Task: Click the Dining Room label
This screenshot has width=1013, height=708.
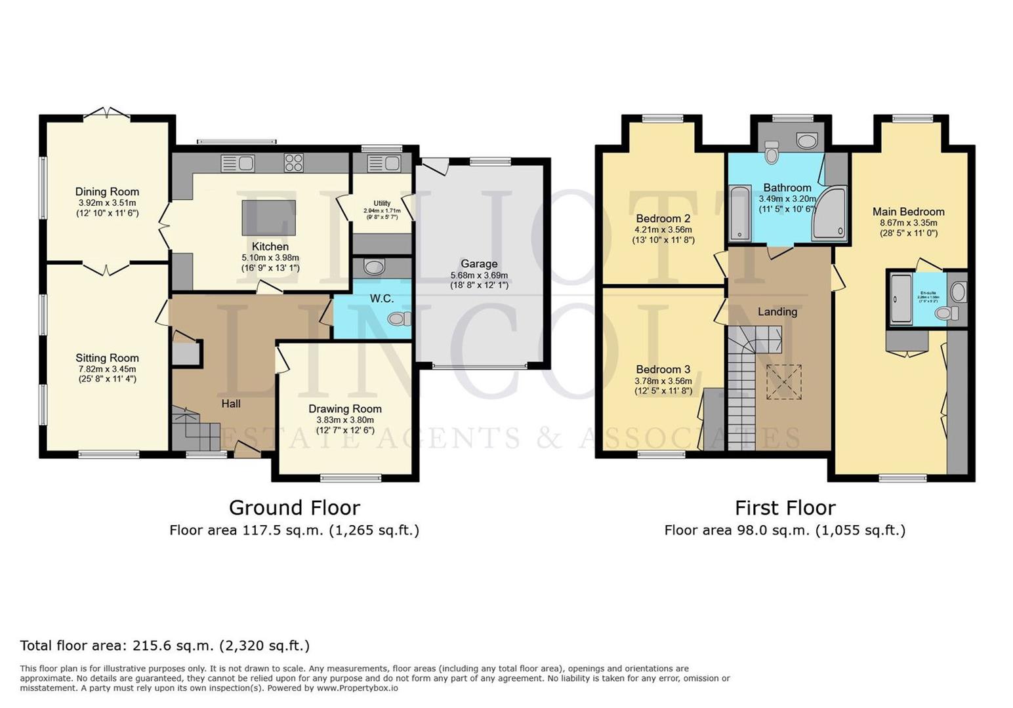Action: click(107, 192)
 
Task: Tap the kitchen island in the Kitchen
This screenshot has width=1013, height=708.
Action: click(268, 218)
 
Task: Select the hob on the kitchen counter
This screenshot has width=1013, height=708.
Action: click(293, 163)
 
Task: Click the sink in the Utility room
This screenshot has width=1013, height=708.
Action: click(383, 163)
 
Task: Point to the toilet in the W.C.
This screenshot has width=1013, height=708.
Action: click(398, 319)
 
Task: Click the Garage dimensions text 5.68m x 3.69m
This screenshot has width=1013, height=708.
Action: click(479, 275)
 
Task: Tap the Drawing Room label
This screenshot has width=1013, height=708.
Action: click(345, 409)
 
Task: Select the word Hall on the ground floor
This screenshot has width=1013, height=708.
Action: click(230, 404)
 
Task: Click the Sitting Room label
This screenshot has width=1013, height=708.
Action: click(107, 358)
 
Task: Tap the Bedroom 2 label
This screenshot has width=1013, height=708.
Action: click(663, 219)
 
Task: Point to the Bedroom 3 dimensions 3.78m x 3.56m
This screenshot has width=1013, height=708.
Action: click(663, 381)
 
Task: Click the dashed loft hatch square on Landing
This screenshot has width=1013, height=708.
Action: click(783, 382)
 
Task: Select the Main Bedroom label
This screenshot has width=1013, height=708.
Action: click(908, 212)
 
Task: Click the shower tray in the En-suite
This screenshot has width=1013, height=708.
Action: click(901, 299)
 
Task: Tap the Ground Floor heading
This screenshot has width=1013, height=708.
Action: click(294, 507)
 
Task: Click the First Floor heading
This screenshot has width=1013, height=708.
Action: click(785, 507)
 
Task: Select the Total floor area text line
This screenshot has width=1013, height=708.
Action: click(165, 646)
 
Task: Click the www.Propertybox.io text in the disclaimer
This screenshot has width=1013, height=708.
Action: click(358, 688)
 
